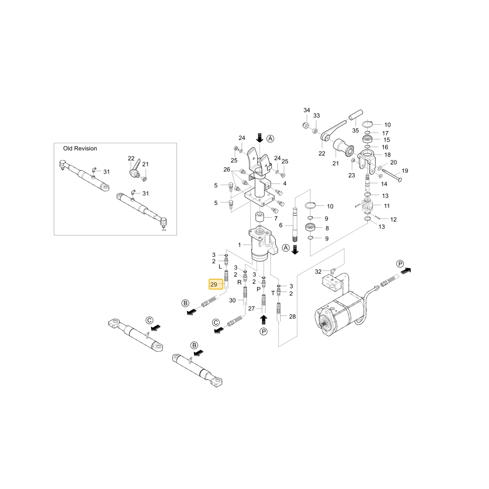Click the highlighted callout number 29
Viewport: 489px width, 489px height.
pos(214,285)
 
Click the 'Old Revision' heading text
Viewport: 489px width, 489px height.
pos(80,149)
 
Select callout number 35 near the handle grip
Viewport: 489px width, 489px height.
pos(356,131)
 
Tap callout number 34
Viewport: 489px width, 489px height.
pos(307,110)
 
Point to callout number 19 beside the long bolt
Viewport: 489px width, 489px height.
pos(405,171)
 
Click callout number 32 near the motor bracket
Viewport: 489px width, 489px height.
pos(318,271)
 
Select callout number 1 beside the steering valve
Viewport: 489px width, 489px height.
pos(240,245)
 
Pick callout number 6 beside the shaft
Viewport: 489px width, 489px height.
pos(281,225)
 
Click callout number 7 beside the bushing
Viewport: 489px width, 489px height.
pos(276,219)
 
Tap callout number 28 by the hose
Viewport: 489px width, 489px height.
pos(292,316)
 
